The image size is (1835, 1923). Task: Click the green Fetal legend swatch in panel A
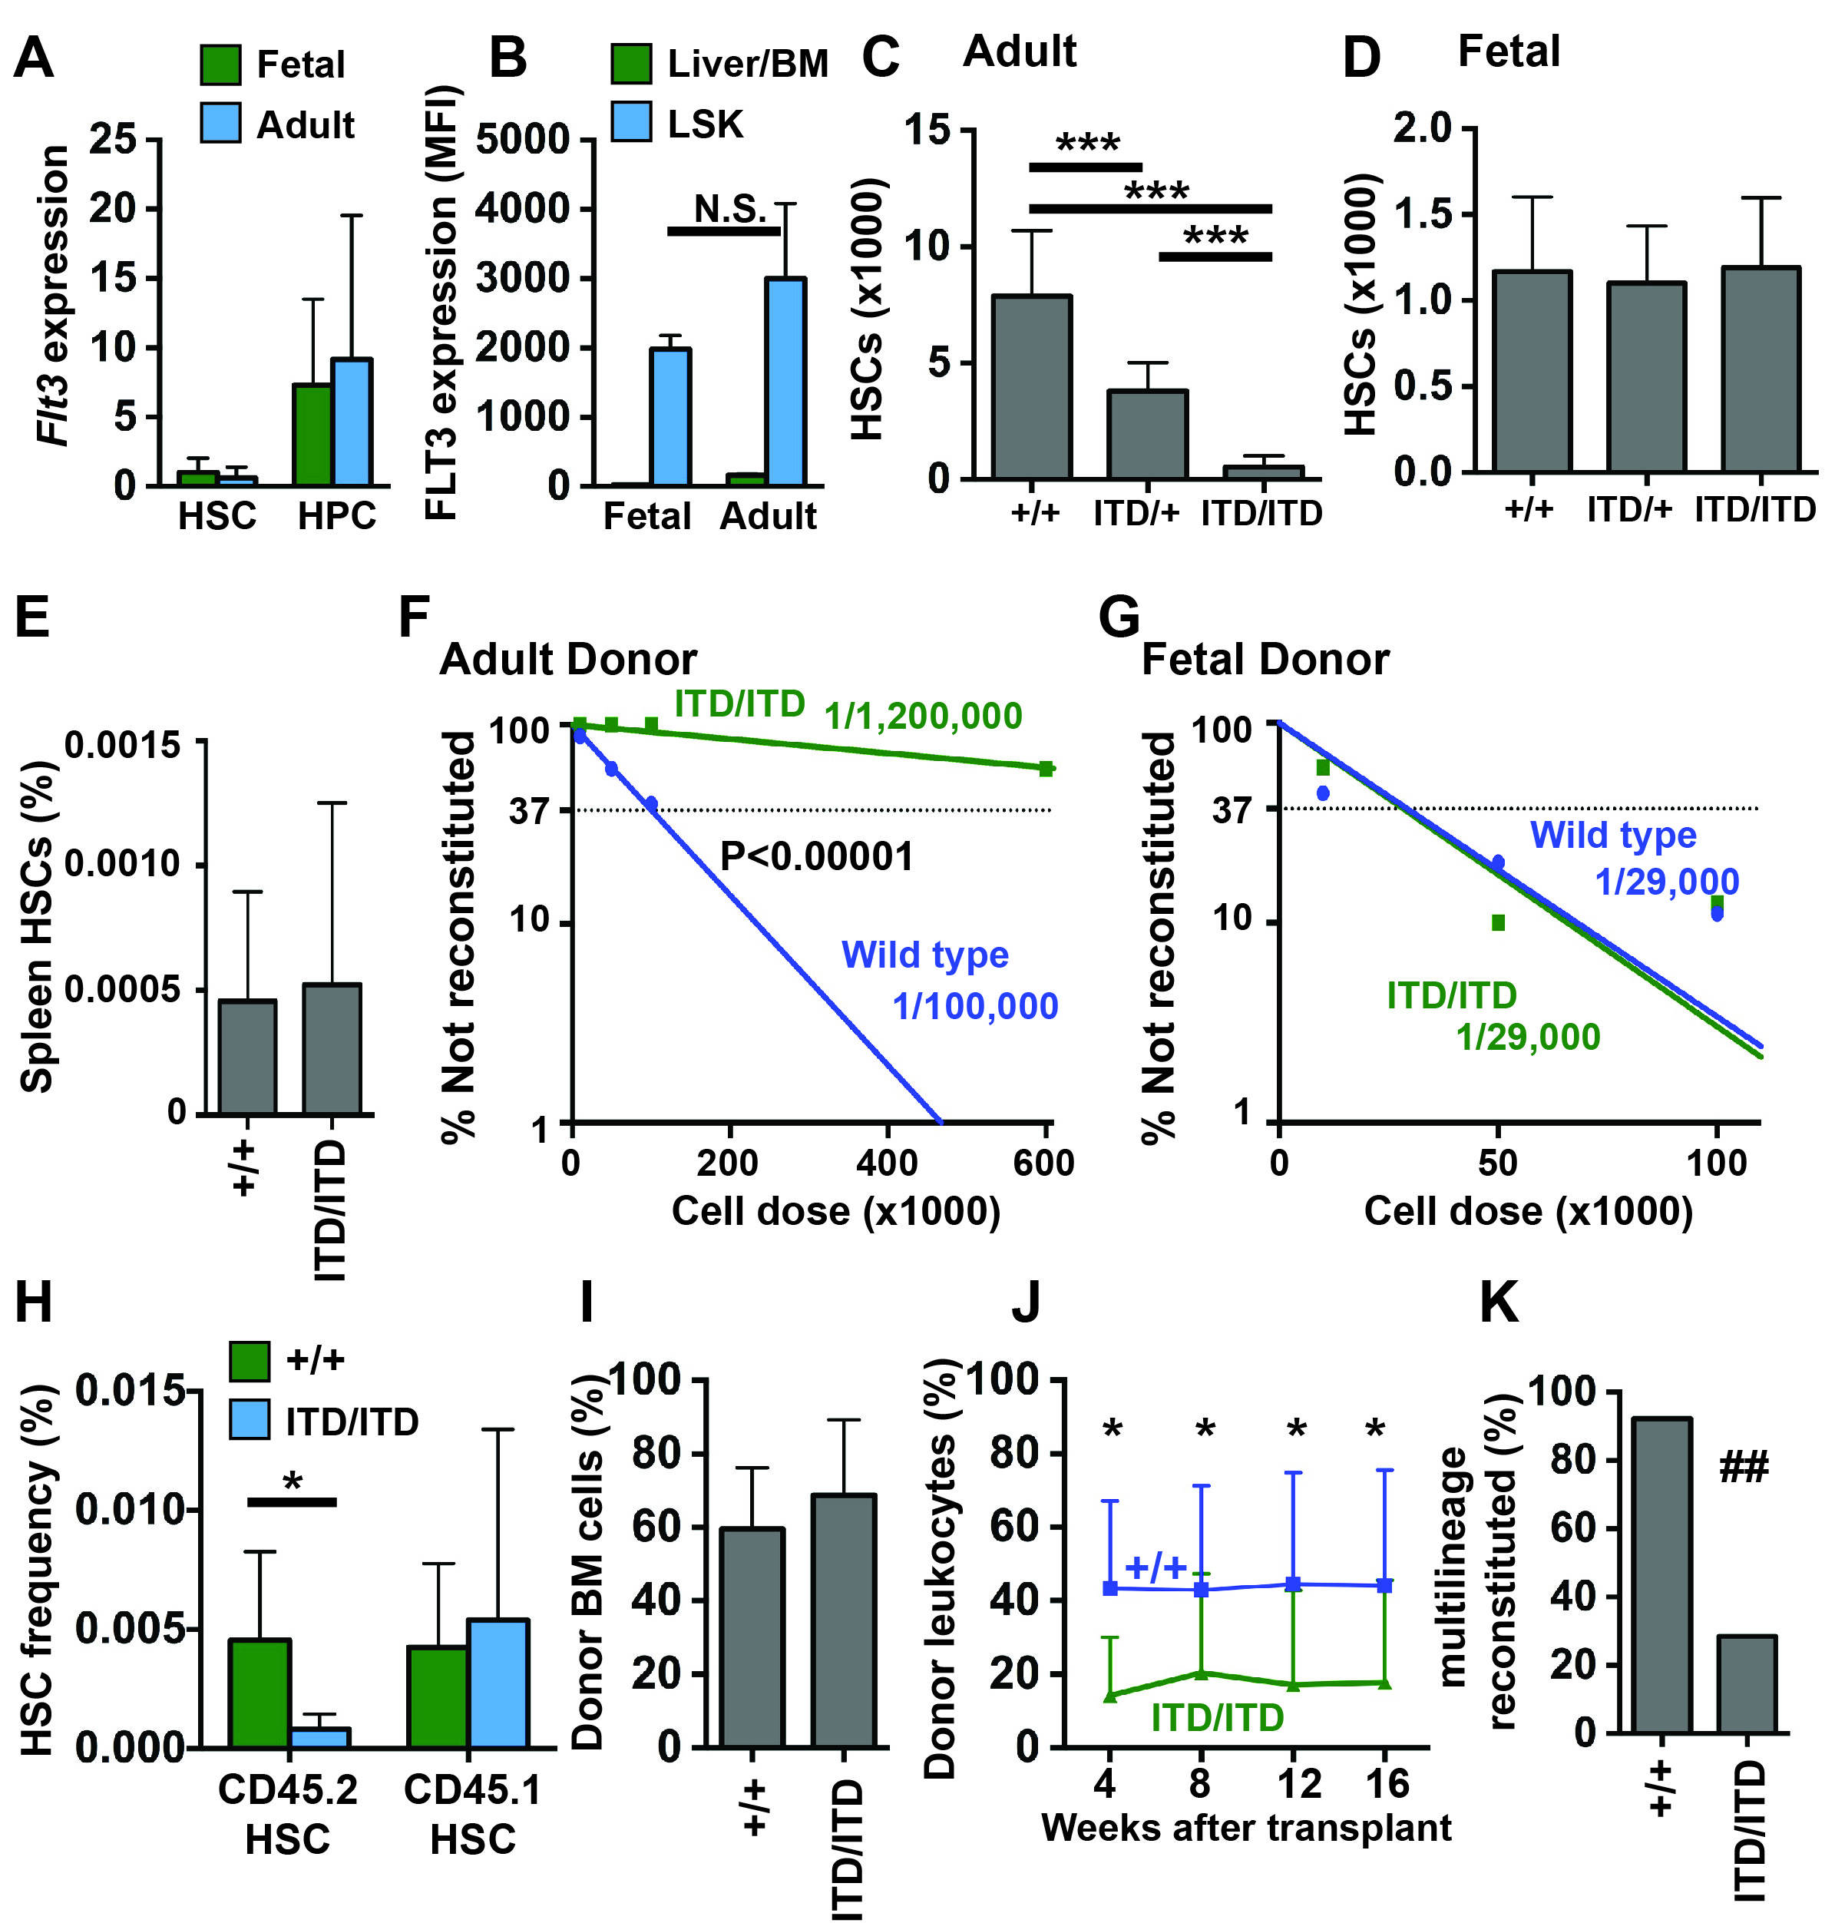pyautogui.click(x=220, y=65)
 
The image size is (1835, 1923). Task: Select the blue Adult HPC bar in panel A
pyautogui.click(x=351, y=422)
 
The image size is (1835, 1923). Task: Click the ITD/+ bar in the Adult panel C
pyautogui.click(x=1147, y=435)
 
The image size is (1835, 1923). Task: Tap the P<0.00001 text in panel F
pyautogui.click(x=817, y=857)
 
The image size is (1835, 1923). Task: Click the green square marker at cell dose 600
pyautogui.click(x=1046, y=769)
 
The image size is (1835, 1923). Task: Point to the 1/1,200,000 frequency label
pyautogui.click(x=922, y=717)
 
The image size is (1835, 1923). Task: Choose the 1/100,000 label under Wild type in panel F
pyautogui.click(x=975, y=1007)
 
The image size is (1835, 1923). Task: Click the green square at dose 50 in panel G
pyautogui.click(x=1497, y=922)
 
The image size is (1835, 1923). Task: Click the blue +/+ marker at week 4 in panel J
pyautogui.click(x=1110, y=1588)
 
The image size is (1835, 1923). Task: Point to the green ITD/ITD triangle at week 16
pyautogui.click(x=1385, y=1683)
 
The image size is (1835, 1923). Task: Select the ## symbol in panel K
pyautogui.click(x=1743, y=1467)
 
